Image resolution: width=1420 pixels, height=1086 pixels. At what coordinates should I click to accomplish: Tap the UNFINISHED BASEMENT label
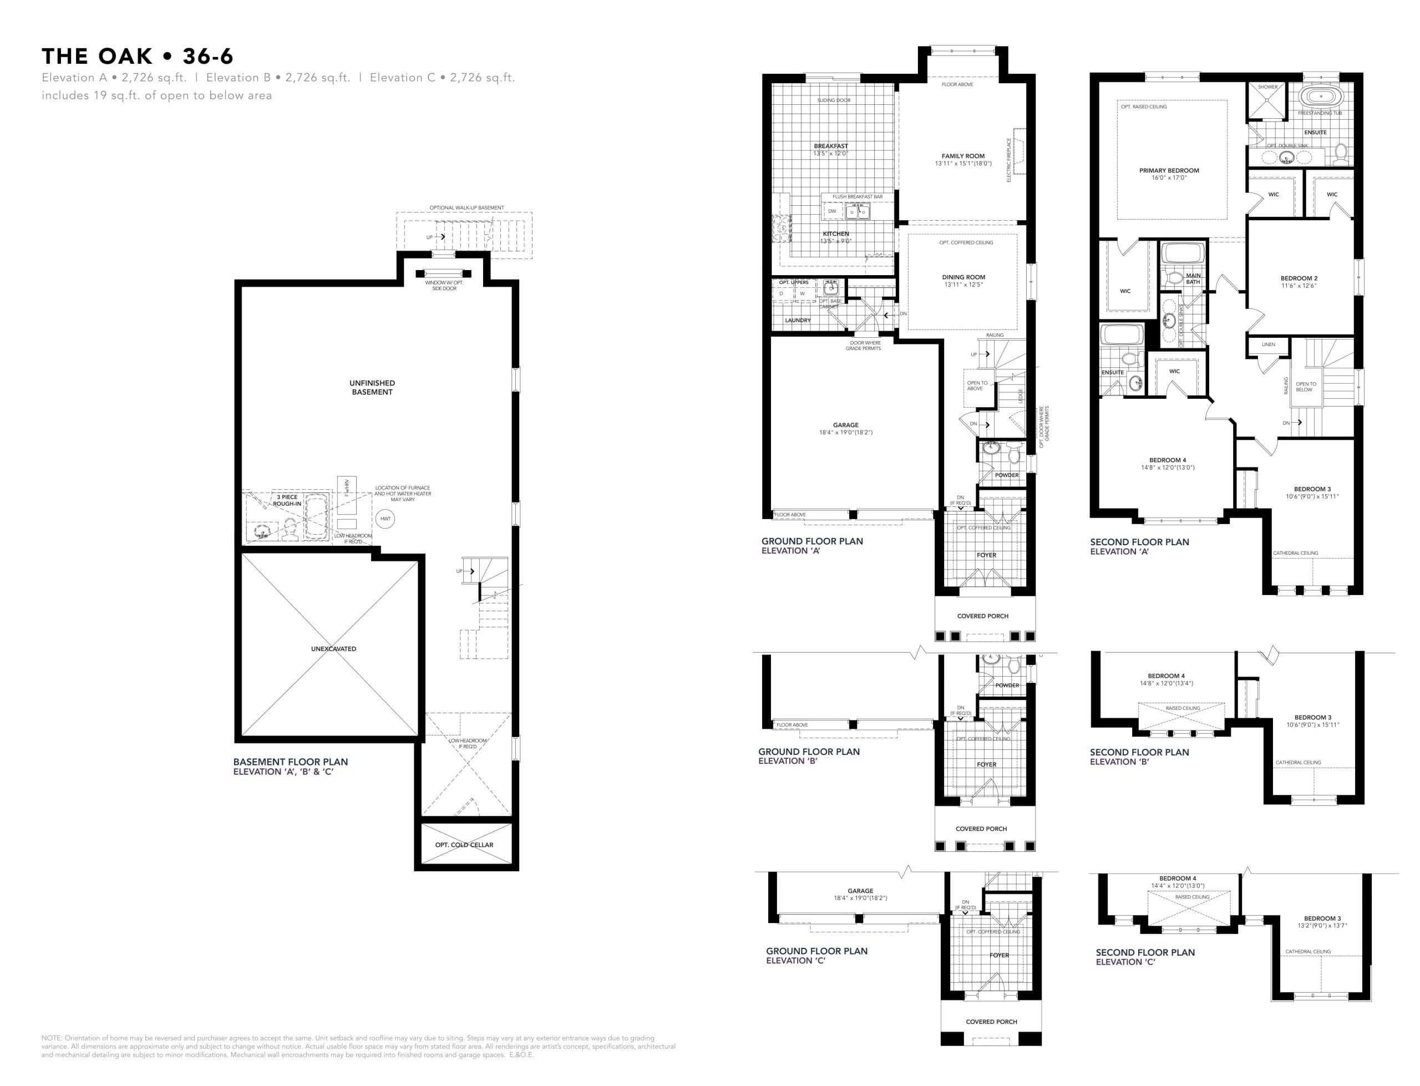(x=372, y=387)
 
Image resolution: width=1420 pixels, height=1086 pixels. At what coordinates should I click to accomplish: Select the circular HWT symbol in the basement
(x=385, y=519)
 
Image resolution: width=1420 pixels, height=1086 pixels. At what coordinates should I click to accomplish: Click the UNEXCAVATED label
(x=333, y=648)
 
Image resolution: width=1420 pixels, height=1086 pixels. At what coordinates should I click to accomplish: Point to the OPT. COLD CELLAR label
(x=464, y=844)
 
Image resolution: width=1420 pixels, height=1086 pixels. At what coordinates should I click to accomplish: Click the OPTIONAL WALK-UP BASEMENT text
(x=466, y=207)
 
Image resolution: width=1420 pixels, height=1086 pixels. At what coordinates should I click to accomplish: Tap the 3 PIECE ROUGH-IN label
(x=287, y=500)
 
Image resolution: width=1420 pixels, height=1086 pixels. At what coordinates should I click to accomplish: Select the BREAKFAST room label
(x=830, y=146)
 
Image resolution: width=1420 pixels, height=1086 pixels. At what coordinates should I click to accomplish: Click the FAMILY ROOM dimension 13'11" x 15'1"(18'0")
(x=962, y=164)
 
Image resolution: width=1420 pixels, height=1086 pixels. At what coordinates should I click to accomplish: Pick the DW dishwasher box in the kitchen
(x=832, y=211)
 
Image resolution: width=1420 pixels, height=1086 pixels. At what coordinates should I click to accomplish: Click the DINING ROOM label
(x=963, y=277)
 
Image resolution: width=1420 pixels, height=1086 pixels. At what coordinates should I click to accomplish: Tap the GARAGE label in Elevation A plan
(x=845, y=425)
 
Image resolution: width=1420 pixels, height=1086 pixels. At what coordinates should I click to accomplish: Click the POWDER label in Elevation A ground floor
(x=1006, y=475)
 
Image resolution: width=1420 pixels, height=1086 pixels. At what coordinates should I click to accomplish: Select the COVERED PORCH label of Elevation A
(x=982, y=616)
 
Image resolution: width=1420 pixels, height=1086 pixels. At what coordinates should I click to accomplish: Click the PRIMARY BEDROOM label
(x=1169, y=171)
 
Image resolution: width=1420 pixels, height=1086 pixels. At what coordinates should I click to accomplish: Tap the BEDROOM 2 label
(x=1299, y=278)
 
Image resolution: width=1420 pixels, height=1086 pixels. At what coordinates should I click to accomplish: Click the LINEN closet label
(x=1268, y=344)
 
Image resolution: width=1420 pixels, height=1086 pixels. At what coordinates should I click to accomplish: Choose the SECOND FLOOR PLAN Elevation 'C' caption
(x=1145, y=957)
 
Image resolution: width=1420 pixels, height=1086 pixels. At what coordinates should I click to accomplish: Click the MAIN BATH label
(x=1193, y=278)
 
